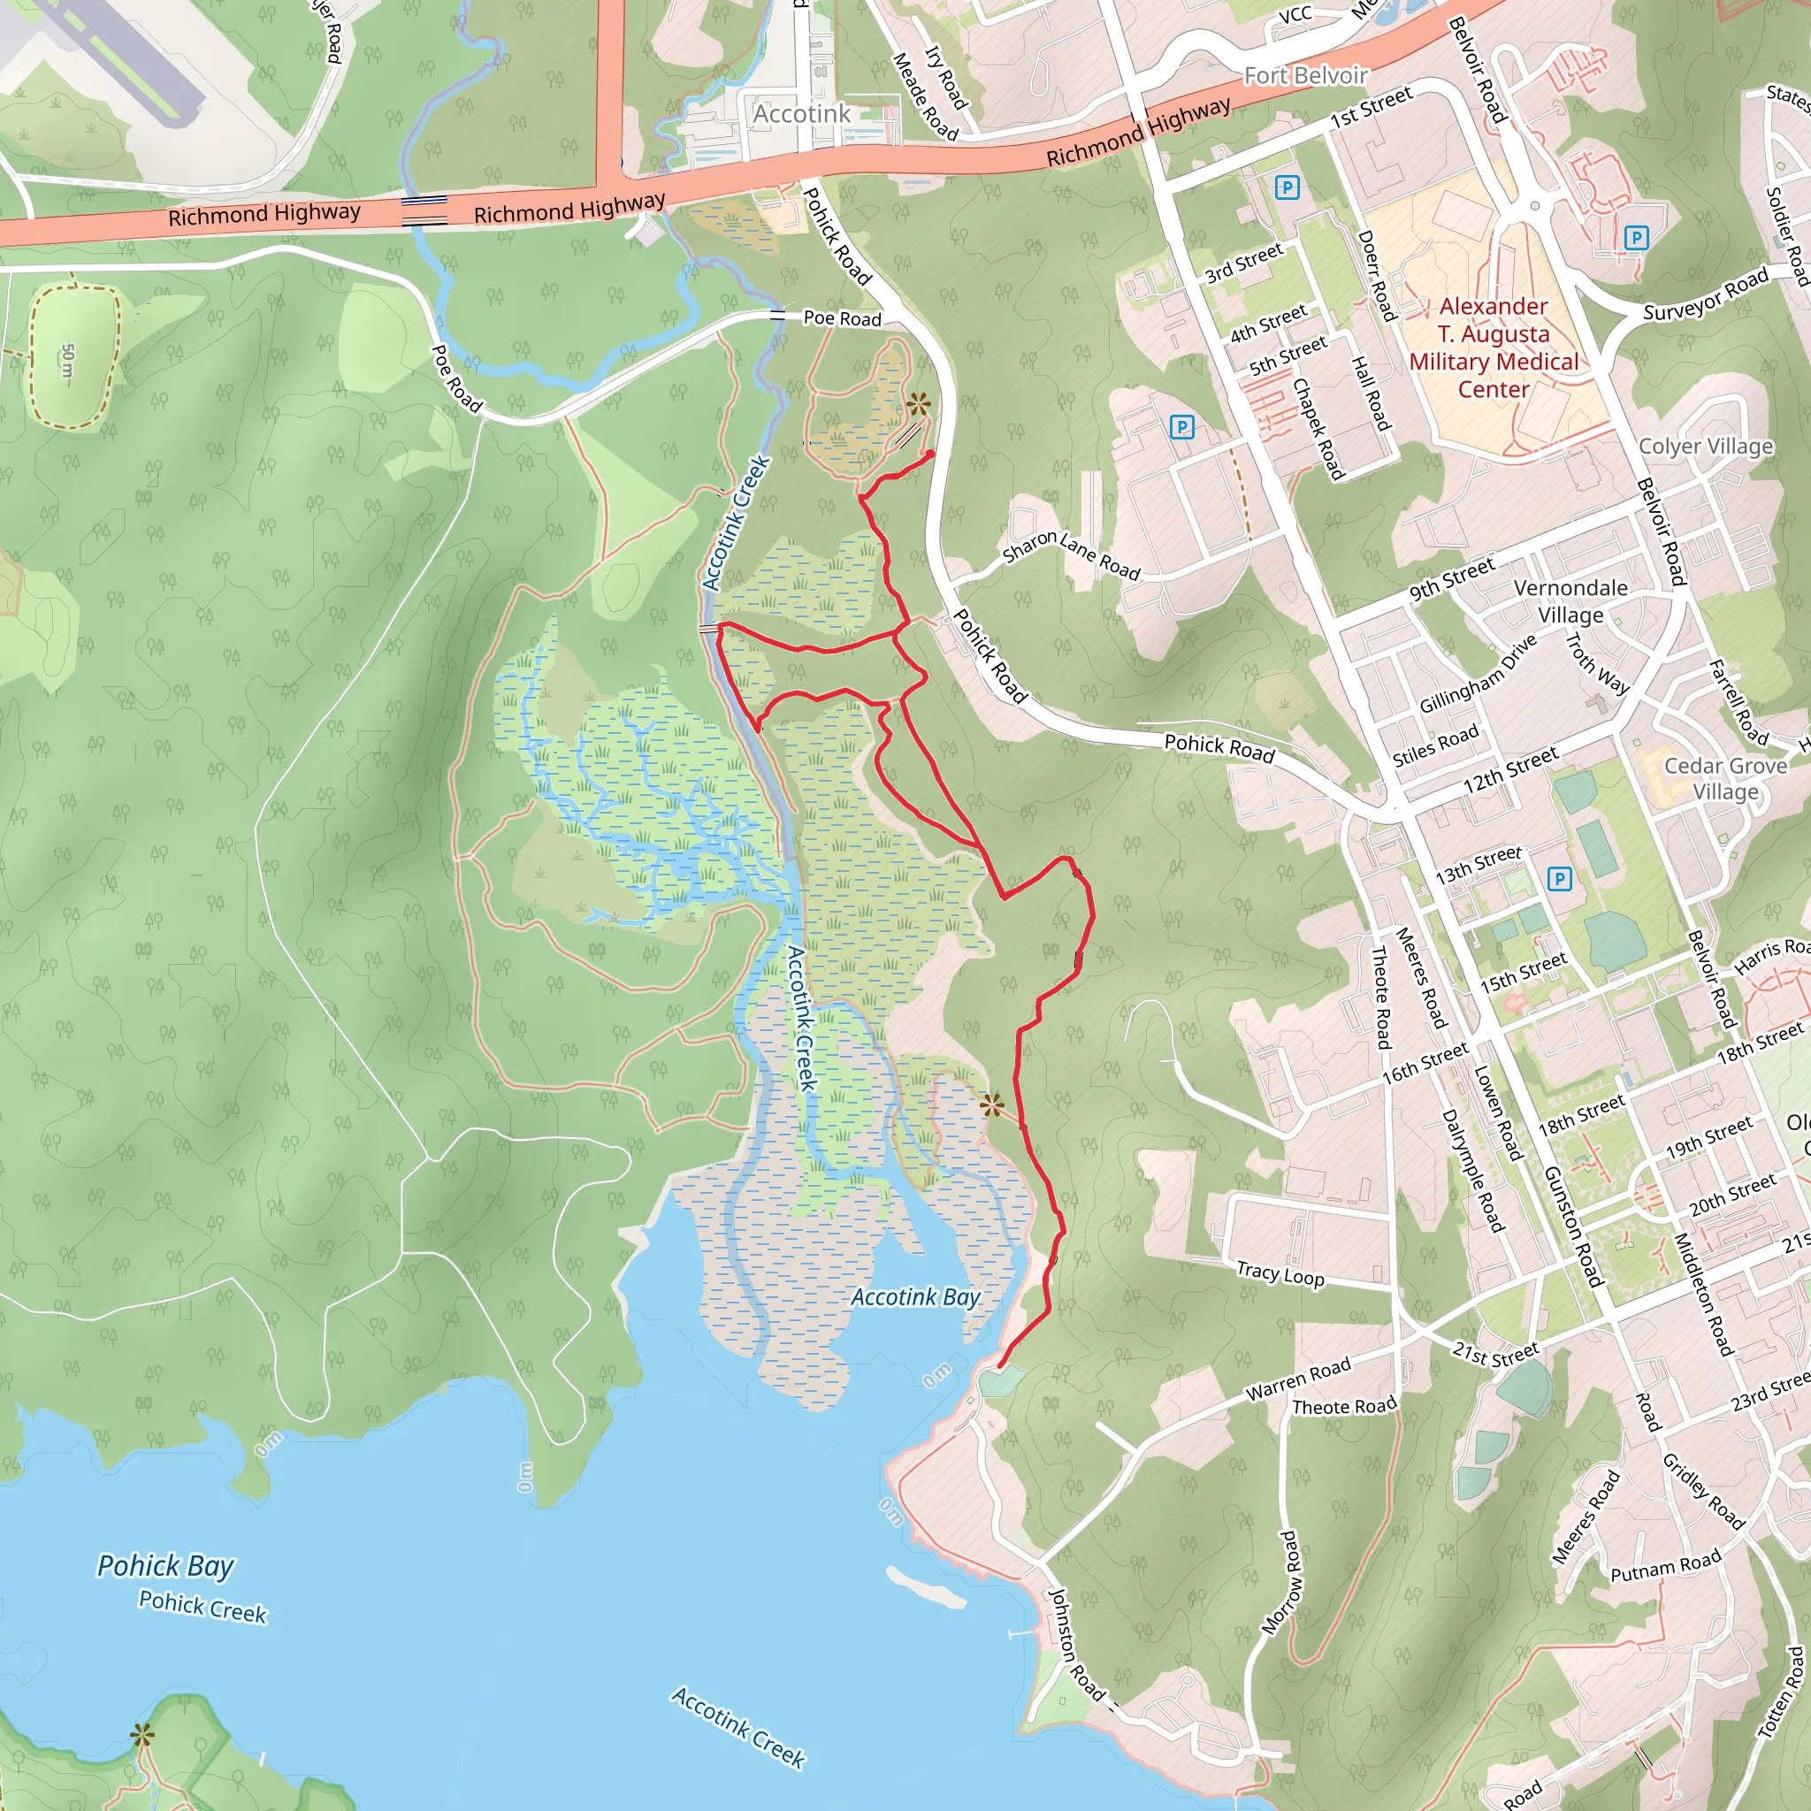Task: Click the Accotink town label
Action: [801, 113]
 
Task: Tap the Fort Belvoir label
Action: [1305, 75]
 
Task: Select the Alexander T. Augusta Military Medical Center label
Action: [1494, 347]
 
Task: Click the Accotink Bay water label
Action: [915, 1297]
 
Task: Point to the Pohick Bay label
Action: [166, 1565]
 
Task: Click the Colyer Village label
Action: [1705, 447]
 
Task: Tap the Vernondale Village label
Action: [1570, 600]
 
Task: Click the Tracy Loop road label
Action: [1280, 1274]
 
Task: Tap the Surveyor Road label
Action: [1705, 294]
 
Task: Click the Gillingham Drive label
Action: [1478, 674]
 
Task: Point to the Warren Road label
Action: [1297, 1379]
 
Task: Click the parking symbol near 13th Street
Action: [1559, 878]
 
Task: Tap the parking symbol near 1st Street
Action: [1287, 187]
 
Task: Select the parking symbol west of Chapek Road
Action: [1182, 427]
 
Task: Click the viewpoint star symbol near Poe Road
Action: [918, 405]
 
